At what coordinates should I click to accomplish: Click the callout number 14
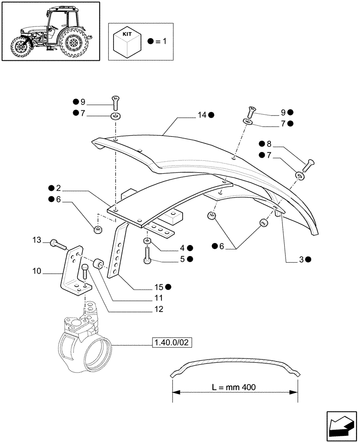tap(202, 115)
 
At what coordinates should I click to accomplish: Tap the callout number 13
tap(37, 240)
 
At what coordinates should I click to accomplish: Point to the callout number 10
tap(37, 270)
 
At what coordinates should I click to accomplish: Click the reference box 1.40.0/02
tap(174, 342)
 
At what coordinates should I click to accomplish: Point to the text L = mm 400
tap(234, 387)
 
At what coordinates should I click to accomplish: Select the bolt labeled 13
tap(58, 243)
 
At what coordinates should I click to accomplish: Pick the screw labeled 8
tap(308, 166)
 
